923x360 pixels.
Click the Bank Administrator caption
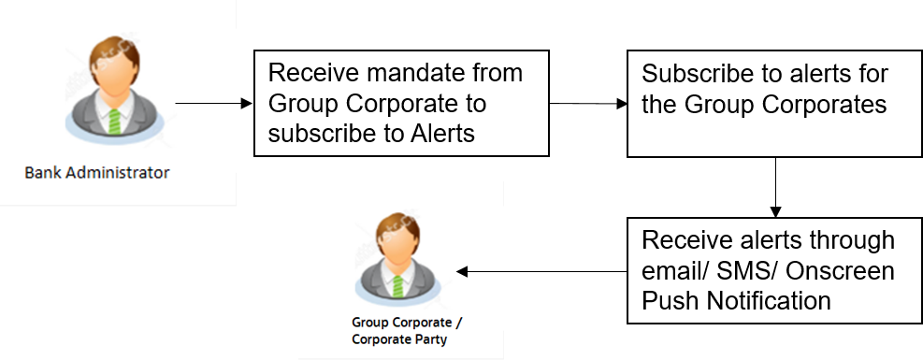[x=97, y=173]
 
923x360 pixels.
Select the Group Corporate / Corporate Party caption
[x=399, y=331]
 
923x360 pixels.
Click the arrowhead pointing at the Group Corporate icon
[x=462, y=272]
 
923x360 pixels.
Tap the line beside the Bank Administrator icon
[x=206, y=103]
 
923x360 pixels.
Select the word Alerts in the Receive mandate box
[x=441, y=133]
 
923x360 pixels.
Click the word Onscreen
[x=841, y=271]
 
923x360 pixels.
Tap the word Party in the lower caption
[x=427, y=339]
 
